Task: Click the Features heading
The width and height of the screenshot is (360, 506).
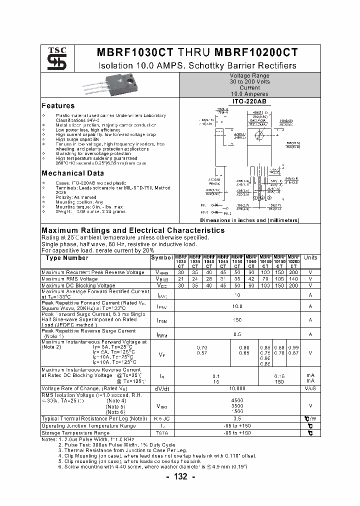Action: click(x=58, y=106)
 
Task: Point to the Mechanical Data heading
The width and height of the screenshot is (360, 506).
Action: click(x=72, y=173)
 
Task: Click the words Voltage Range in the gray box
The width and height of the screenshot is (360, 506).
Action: click(x=249, y=75)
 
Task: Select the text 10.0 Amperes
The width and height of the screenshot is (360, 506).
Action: click(x=249, y=94)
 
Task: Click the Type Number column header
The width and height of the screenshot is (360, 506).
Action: click(x=67, y=258)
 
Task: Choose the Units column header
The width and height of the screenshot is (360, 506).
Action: click(x=310, y=258)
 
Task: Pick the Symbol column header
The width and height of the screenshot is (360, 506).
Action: click(x=161, y=258)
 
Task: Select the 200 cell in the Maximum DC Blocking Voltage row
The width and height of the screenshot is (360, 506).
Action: click(x=293, y=285)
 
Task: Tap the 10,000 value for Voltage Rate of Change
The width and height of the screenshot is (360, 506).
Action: click(x=237, y=388)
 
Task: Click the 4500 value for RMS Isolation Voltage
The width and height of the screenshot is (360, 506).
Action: click(x=237, y=400)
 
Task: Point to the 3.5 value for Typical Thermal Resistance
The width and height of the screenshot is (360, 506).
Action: click(x=237, y=418)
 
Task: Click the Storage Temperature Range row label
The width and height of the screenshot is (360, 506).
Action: click(x=75, y=433)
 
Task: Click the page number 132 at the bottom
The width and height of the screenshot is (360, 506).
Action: click(x=180, y=477)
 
